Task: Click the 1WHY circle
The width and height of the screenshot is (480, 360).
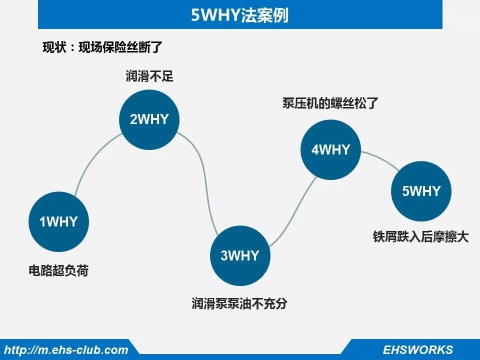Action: [59, 221]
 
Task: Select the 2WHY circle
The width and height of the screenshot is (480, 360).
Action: [149, 119]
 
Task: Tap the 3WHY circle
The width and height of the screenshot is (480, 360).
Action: [240, 255]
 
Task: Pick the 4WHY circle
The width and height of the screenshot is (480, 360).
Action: [330, 149]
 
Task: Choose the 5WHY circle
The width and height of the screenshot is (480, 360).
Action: [421, 191]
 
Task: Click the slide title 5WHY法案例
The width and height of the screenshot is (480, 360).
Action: [240, 15]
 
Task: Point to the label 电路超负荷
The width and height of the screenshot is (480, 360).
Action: [58, 271]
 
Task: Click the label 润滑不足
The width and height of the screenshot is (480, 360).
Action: [149, 76]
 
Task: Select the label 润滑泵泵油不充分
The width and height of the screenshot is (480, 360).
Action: [240, 303]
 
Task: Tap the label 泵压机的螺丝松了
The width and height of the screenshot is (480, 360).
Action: [330, 104]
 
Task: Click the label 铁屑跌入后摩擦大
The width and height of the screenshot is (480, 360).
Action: [420, 236]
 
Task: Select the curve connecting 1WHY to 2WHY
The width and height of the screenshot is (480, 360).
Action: [92, 158]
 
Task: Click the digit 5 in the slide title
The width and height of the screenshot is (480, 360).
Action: [195, 15]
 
